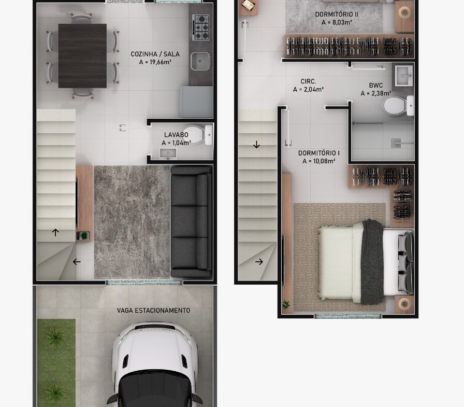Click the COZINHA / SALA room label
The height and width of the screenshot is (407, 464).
click(x=155, y=54)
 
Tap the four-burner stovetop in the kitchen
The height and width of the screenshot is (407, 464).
click(x=201, y=27)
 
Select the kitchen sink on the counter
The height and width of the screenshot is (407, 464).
click(x=200, y=61)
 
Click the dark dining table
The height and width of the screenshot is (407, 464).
click(x=82, y=55)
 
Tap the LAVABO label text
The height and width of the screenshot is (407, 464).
click(x=176, y=135)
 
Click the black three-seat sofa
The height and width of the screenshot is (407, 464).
click(x=192, y=221)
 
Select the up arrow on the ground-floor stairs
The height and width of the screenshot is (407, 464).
click(x=55, y=232)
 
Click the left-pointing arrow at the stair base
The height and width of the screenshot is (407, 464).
click(x=77, y=261)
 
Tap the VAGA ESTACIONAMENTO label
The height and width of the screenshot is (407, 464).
click(x=153, y=311)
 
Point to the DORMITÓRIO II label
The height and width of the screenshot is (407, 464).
click(x=337, y=14)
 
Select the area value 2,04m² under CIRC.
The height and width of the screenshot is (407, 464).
click(x=308, y=89)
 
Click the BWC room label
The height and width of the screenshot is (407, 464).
click(x=376, y=86)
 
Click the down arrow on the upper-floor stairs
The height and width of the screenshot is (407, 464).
click(x=256, y=145)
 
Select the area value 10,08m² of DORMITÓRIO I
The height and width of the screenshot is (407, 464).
click(x=318, y=161)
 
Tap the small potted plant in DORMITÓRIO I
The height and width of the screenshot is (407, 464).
click(x=286, y=304)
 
